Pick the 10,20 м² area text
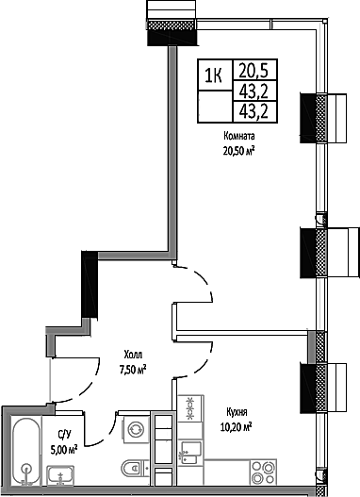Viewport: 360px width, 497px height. click(236, 426)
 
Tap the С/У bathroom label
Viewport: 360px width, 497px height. click(64, 435)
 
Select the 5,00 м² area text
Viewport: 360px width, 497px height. click(64, 448)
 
